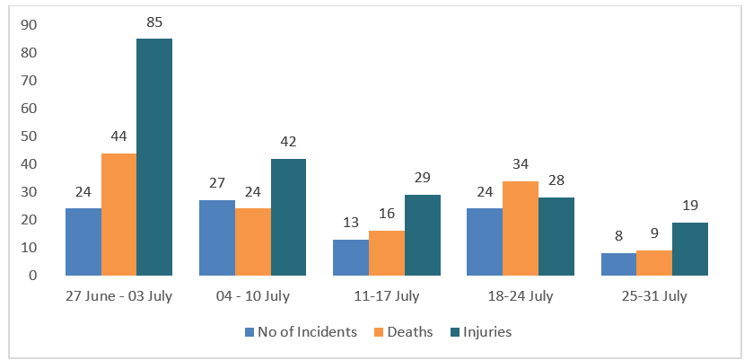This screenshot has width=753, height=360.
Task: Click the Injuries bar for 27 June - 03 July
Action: (x=154, y=157)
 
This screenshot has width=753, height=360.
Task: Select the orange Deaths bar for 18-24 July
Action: (x=521, y=228)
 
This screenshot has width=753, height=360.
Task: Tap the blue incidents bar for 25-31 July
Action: (x=618, y=264)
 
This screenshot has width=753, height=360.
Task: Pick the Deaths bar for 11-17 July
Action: (x=387, y=253)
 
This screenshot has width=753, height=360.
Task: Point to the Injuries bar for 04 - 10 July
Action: (x=289, y=217)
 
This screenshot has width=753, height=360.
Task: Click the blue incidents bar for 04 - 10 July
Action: (x=217, y=238)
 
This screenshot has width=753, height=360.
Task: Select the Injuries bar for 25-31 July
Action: (x=689, y=249)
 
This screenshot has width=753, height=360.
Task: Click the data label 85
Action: (x=154, y=22)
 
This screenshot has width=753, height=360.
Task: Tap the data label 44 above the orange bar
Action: (x=118, y=136)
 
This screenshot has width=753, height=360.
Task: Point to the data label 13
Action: (x=351, y=223)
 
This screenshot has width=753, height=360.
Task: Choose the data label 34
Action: (x=521, y=164)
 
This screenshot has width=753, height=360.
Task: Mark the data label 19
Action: (x=690, y=206)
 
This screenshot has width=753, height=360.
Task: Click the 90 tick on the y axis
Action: (x=30, y=25)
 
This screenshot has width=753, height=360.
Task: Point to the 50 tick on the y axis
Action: (x=30, y=136)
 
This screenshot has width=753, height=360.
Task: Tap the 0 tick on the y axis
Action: (x=33, y=276)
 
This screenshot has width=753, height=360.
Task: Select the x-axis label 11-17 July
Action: (x=387, y=296)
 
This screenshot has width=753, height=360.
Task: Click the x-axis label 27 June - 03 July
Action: (x=118, y=296)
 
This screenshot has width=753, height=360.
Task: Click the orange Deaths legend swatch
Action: (x=378, y=332)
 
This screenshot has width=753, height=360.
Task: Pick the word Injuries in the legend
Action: (x=487, y=332)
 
